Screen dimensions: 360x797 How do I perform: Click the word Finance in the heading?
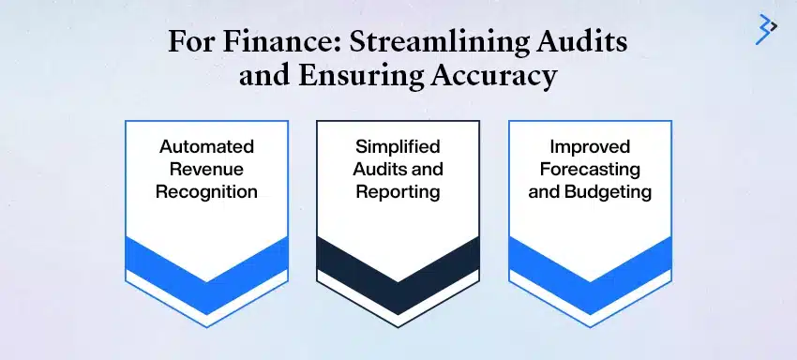coord(258,43)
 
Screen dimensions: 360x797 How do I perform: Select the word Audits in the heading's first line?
coord(582,43)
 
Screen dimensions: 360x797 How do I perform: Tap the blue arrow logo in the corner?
coord(766,29)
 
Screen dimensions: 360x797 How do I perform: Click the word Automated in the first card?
coord(206,146)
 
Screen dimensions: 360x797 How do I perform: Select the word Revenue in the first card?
coord(206,170)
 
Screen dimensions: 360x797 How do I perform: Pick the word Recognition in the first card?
coord(206,193)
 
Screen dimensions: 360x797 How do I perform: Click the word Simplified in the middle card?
coord(398,146)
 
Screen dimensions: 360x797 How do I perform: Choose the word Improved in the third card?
coord(589,146)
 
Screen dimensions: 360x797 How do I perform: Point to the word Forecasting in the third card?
coord(589,170)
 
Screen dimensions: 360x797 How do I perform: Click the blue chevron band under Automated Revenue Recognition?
coord(206,263)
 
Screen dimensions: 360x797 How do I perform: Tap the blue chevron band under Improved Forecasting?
coord(589,263)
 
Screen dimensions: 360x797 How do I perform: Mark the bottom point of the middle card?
coord(398,325)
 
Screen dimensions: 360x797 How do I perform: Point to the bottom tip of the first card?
coord(206,313)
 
